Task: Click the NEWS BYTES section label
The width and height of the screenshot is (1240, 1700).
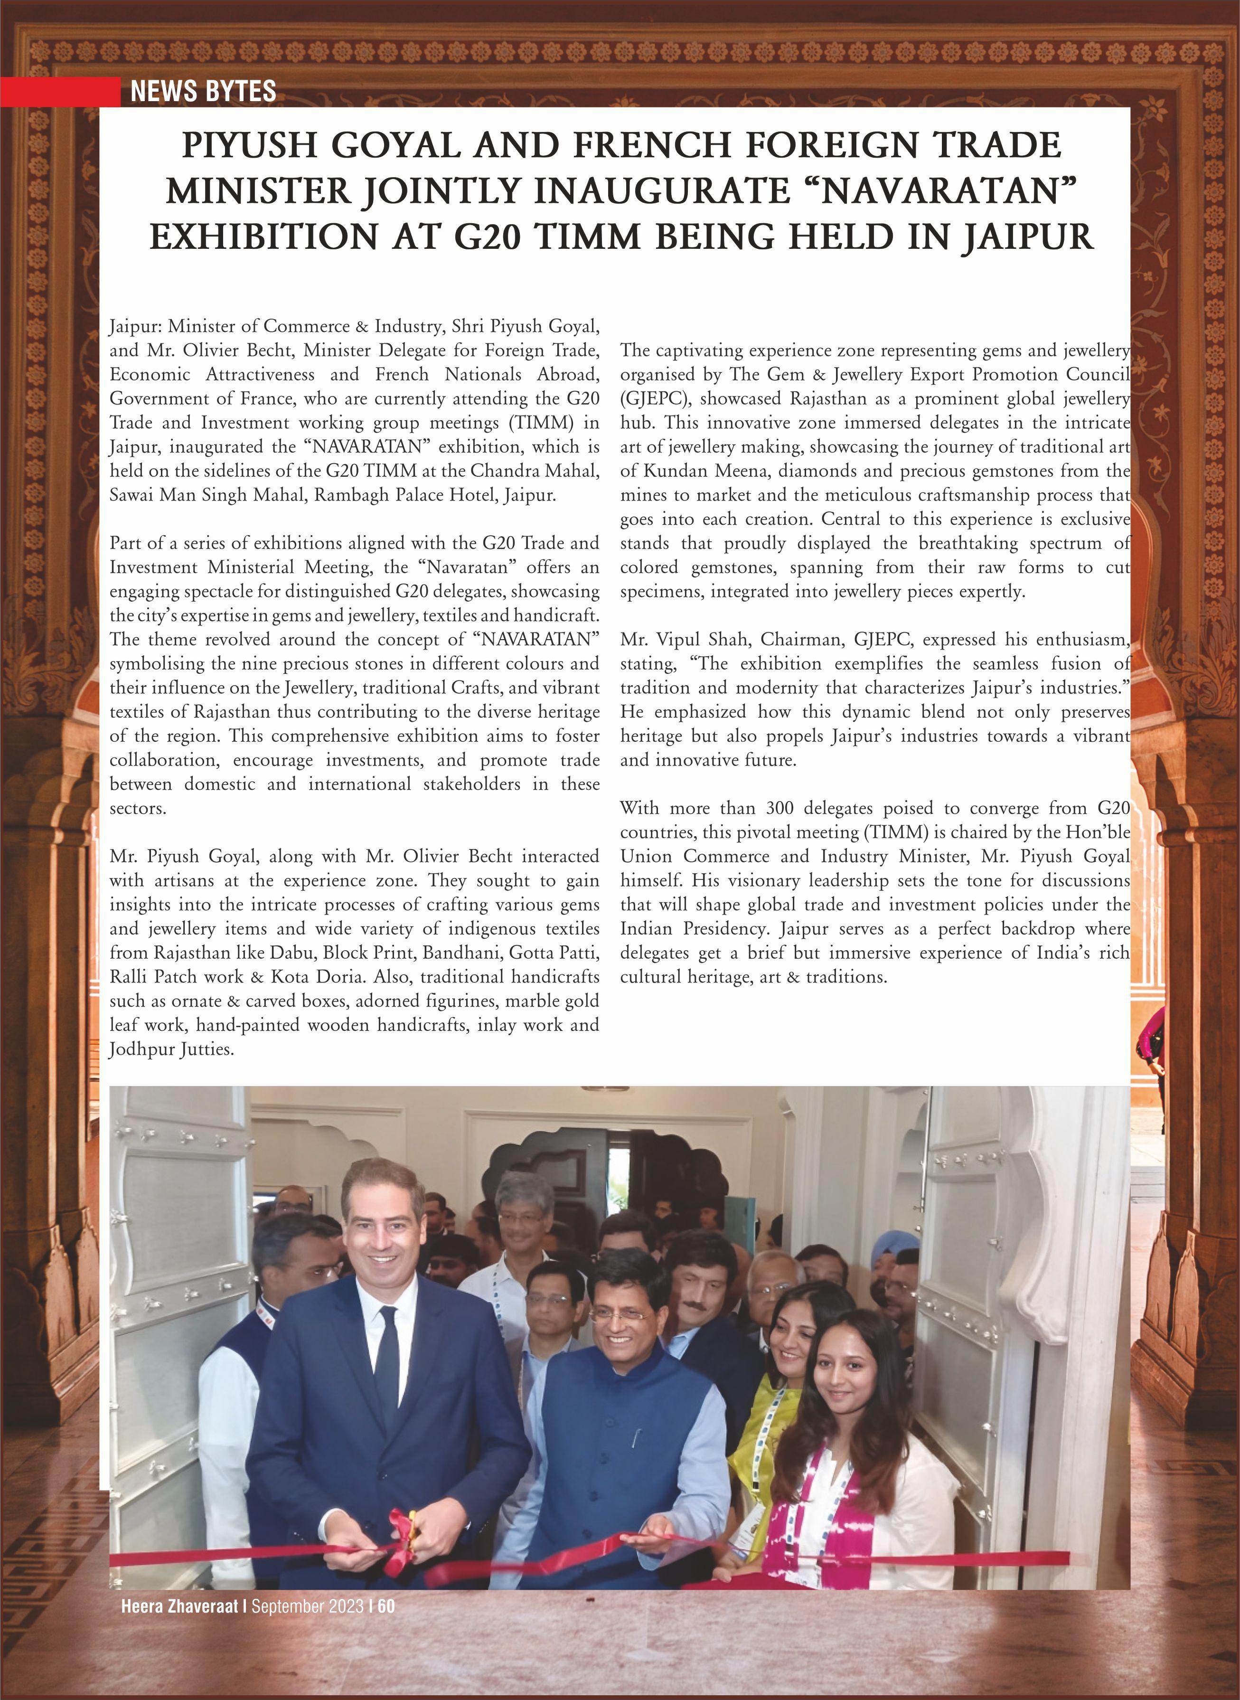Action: coord(203,92)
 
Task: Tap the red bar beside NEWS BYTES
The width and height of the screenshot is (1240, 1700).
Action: coord(60,92)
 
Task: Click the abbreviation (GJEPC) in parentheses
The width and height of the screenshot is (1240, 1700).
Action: coord(655,399)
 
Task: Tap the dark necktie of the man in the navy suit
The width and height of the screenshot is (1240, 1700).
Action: coord(387,1367)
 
